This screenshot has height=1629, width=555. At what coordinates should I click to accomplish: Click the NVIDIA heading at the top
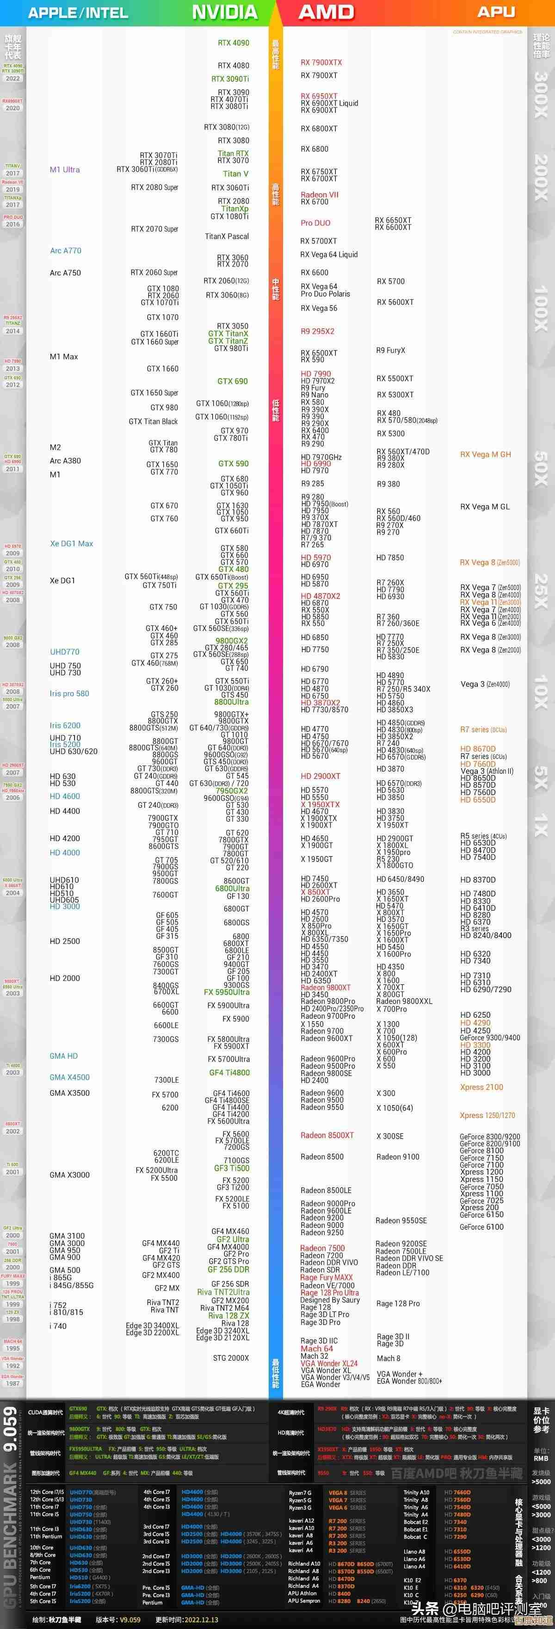point(224,12)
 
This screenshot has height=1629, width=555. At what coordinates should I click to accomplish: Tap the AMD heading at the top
point(326,12)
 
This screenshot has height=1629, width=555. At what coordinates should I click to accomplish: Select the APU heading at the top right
point(496,12)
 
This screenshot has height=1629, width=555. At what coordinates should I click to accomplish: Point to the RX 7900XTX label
point(321,62)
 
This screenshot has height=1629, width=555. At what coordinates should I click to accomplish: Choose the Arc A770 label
point(66,250)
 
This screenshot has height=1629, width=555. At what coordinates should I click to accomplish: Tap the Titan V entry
point(235,174)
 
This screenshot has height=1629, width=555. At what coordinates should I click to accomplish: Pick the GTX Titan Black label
point(153,422)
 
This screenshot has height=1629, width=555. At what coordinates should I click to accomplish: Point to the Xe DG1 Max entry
point(71,544)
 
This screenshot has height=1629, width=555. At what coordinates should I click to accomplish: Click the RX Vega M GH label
point(486,454)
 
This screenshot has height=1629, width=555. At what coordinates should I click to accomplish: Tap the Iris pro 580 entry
point(69,694)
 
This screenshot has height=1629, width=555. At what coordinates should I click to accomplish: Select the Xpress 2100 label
point(481,1087)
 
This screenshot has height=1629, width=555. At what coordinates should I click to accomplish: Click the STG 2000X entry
point(231,1358)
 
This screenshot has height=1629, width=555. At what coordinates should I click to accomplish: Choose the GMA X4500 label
point(69,1077)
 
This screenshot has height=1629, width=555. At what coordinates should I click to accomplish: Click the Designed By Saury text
point(330,1300)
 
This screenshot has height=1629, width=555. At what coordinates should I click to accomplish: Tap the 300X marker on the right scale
point(541,93)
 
